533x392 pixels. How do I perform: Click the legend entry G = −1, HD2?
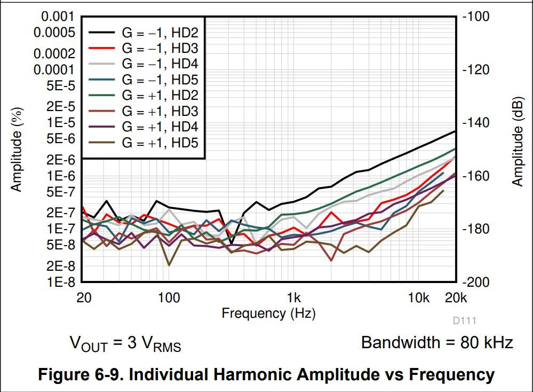tap(160, 32)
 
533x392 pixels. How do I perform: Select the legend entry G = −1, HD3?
tap(160, 48)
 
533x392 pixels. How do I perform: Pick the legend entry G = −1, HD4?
tap(160, 64)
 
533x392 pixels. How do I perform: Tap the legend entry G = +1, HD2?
tap(160, 96)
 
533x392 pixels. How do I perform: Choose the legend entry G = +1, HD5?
tap(160, 143)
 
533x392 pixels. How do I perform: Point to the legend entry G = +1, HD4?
tap(160, 127)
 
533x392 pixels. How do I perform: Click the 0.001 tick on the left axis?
tap(58, 17)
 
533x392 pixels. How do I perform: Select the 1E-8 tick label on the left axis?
tap(60, 282)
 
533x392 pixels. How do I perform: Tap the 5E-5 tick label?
tap(60, 85)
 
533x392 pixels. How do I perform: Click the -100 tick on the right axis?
tap(475, 17)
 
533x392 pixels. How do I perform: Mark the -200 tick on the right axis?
tap(475, 282)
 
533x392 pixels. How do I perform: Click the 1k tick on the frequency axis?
tap(293, 297)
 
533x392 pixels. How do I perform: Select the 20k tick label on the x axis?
tap(457, 297)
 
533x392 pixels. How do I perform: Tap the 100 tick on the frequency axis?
tap(169, 297)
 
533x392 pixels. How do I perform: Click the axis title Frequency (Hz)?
tap(268, 313)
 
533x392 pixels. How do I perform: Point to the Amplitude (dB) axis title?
tap(517, 150)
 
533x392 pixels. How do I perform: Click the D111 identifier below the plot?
tap(464, 320)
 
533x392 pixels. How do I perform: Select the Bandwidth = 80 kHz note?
tap(437, 342)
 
